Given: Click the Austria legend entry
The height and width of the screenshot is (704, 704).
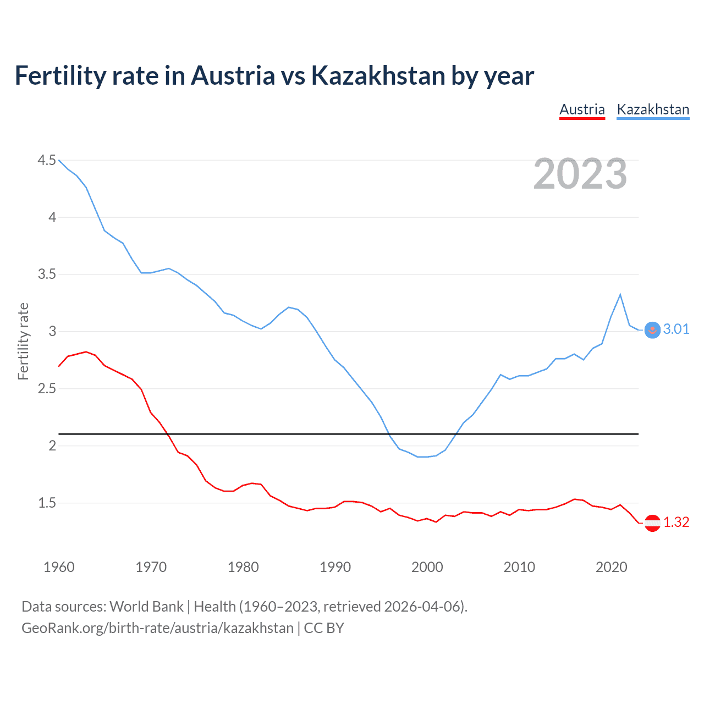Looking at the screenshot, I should (x=582, y=109).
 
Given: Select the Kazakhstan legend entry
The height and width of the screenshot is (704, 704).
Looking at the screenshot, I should (x=653, y=109).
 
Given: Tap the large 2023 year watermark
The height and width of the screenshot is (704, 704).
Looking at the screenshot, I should (x=580, y=174).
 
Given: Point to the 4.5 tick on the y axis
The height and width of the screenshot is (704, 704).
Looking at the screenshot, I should (x=47, y=160).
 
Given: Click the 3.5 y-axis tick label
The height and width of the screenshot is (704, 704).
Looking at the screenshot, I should (x=47, y=274).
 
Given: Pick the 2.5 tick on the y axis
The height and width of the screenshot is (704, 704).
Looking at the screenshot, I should (x=47, y=388).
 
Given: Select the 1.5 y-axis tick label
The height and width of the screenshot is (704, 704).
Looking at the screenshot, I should (x=47, y=503).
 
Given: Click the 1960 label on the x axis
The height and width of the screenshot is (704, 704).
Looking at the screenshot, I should (x=59, y=567).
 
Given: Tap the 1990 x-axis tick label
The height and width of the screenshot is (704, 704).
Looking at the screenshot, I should (x=335, y=567).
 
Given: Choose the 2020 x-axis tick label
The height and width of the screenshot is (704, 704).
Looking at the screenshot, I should (x=611, y=567).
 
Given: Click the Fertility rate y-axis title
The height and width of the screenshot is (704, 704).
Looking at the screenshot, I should (x=23, y=341).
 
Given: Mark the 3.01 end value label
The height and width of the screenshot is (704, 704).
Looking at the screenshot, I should (x=676, y=329).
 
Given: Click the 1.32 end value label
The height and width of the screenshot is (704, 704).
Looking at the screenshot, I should (x=676, y=522).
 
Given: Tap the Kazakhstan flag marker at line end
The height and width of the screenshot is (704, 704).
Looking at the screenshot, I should (x=652, y=330).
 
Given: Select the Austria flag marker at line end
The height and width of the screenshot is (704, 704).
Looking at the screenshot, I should (x=652, y=523).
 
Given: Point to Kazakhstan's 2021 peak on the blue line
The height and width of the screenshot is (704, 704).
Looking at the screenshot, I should (x=620, y=295).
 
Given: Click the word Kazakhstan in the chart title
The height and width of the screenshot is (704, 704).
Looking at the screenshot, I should (x=378, y=75).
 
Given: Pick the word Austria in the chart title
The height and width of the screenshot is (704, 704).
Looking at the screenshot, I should (x=233, y=75).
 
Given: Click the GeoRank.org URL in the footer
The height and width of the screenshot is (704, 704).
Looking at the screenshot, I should (x=157, y=628).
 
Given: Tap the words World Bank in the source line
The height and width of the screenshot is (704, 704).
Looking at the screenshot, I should (x=146, y=607).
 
